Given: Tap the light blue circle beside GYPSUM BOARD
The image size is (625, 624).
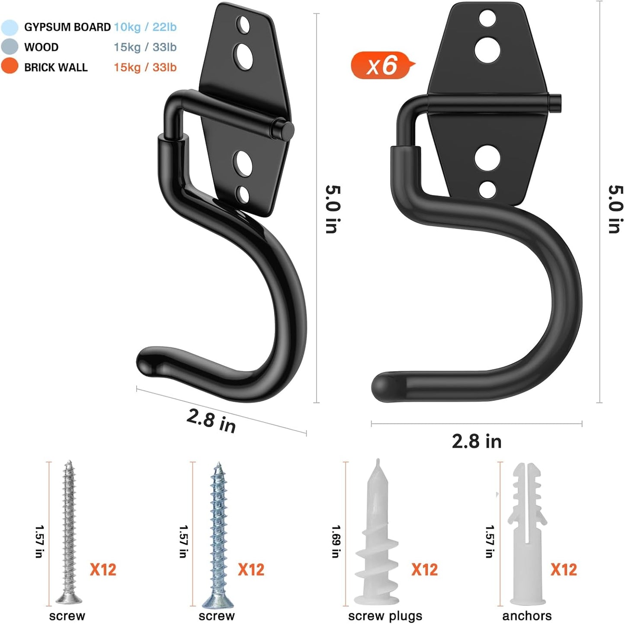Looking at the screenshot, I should tap(10, 27).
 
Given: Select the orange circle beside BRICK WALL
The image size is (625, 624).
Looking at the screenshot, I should tap(10, 67).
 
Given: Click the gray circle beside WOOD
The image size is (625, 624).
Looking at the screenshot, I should tap(10, 47).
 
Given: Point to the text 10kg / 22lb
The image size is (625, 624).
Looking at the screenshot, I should tap(145, 27).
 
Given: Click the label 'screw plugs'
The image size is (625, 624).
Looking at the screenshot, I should tap(385, 616).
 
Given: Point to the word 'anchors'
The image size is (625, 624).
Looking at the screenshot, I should tap(527, 616).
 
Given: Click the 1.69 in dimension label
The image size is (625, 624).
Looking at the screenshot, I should tap(336, 541).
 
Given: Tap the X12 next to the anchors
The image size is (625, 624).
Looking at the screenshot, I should tap(564, 570).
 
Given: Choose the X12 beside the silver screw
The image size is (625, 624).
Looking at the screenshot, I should tap(103, 570).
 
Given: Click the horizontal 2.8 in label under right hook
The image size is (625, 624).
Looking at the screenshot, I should tap(476, 442).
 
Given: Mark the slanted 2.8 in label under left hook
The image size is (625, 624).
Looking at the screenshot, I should tap(211, 420).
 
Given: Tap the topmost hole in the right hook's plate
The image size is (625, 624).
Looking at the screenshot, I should tap(487, 18).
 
